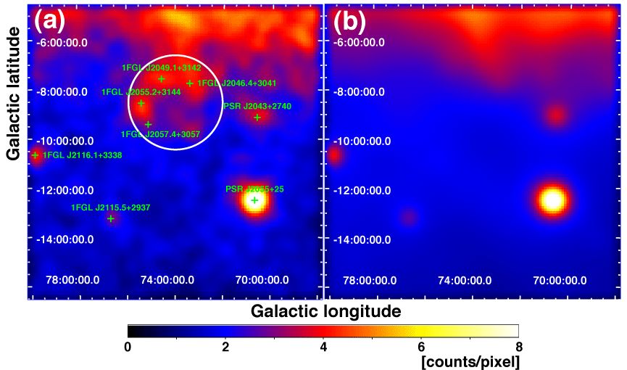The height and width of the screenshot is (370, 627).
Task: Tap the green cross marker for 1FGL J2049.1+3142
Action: (x=161, y=78)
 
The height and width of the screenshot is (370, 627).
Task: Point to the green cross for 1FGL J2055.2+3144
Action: (x=141, y=104)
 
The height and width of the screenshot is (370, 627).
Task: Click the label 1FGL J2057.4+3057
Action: (x=160, y=134)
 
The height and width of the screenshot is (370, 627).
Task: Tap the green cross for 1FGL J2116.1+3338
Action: (x=35, y=155)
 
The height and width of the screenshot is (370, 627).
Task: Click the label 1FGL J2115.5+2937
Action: (x=111, y=208)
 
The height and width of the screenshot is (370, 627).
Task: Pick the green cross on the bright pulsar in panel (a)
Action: (x=254, y=200)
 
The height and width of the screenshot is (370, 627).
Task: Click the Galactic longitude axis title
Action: (x=325, y=312)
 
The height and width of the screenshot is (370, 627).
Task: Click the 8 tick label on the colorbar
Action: (x=518, y=346)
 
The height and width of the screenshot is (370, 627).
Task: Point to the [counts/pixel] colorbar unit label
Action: (x=470, y=360)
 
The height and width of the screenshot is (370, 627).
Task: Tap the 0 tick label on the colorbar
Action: (x=128, y=346)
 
